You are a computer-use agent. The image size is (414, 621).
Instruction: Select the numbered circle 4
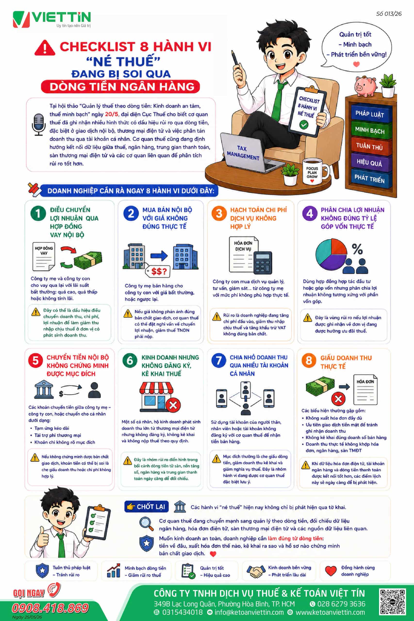tap(310, 213)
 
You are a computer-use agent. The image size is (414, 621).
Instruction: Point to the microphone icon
tap(39, 125)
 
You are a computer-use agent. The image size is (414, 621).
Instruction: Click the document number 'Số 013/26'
tap(389, 14)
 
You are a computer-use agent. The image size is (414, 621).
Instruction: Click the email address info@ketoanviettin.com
tap(249, 613)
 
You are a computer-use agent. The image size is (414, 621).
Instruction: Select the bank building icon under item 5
tap(44, 390)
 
